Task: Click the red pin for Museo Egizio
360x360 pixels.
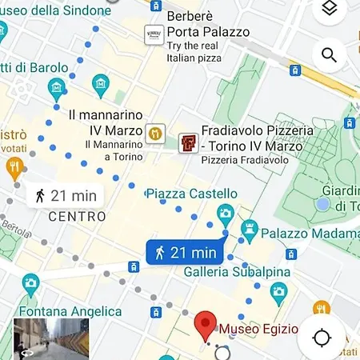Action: pos(206,326)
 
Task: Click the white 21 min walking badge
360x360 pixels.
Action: pos(66,194)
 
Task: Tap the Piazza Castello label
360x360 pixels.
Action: pos(192,194)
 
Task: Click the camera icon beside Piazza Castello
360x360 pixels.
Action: pos(226,213)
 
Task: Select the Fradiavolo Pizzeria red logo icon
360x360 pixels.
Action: pos(188,143)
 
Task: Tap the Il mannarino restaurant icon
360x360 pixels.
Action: pos(155,130)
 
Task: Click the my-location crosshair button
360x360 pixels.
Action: pos(322,337)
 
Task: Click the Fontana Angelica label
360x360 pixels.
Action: pos(72,312)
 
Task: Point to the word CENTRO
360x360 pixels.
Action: pos(77,216)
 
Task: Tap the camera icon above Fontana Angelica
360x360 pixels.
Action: pos(30,283)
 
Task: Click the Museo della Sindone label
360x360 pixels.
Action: pos(55,10)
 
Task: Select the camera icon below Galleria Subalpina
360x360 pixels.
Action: pos(278,290)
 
